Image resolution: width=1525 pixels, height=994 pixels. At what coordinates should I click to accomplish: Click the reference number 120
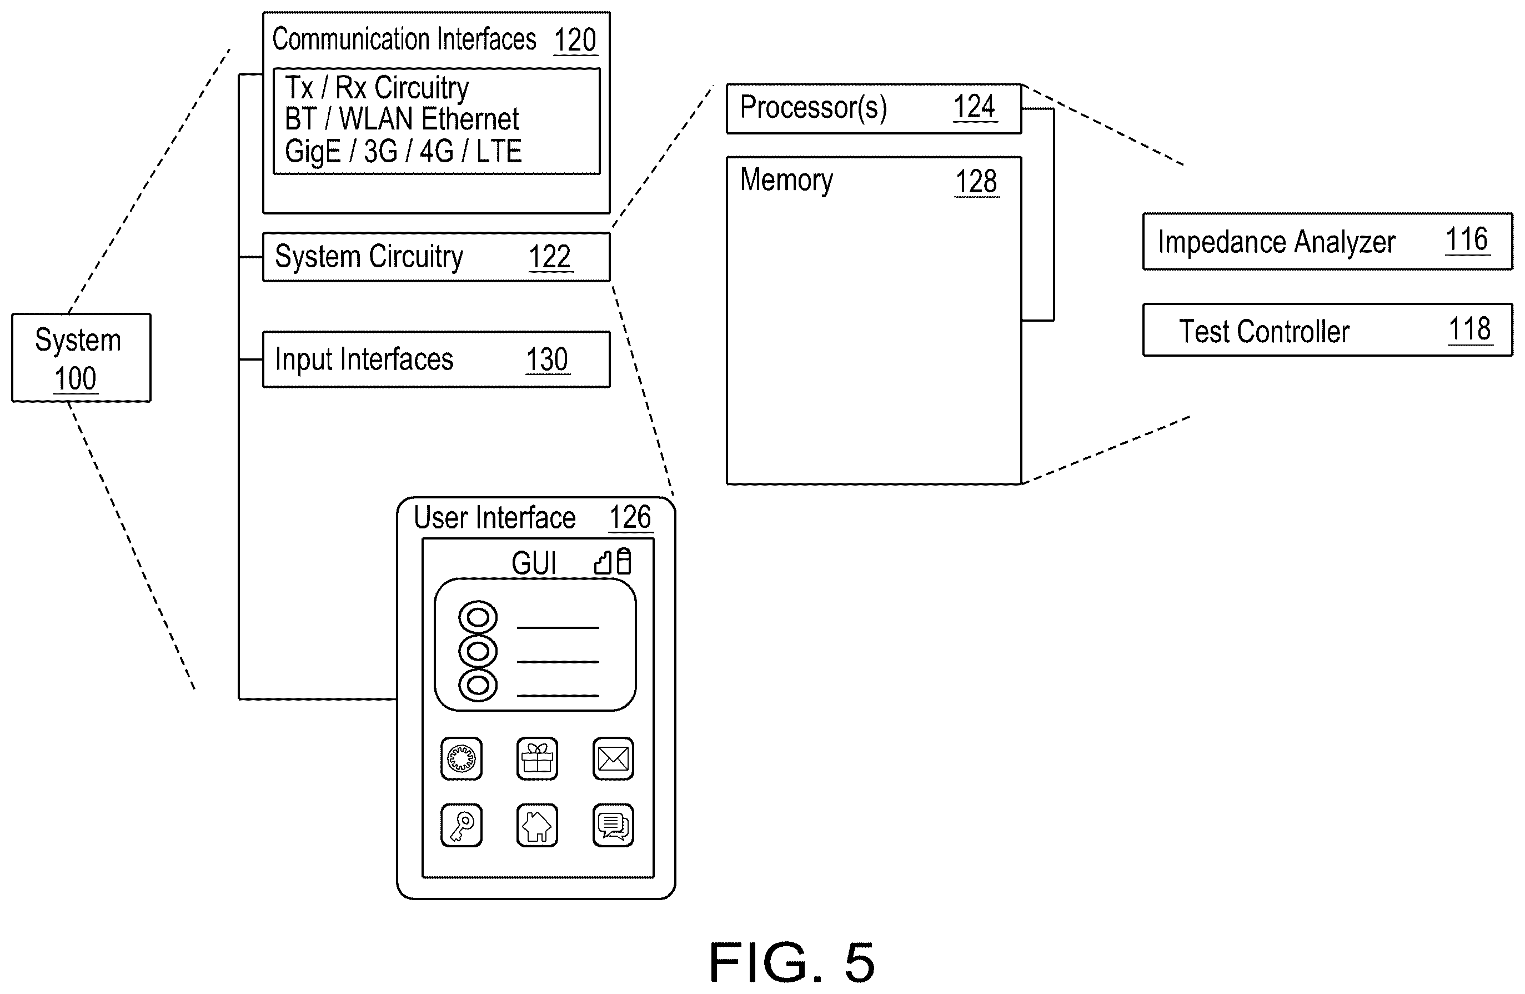pos(575,40)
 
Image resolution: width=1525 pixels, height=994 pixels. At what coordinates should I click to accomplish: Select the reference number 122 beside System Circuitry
pos(550,257)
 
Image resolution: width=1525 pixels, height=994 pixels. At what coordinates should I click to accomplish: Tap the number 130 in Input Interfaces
pos(547,359)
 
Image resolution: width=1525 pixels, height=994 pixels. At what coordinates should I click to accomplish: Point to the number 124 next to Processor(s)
pos(975,106)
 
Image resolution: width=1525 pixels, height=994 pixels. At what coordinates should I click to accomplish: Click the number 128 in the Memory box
pos(976,182)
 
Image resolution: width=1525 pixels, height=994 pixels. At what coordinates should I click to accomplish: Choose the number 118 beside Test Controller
pos(1470,329)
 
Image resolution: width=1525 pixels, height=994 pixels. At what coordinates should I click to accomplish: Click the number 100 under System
pos(76,379)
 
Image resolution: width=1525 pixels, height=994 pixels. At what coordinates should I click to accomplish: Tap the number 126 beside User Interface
pos(630,517)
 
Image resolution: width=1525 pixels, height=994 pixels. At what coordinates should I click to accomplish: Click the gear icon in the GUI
pos(461,759)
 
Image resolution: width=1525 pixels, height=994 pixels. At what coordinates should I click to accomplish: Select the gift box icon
pos(537,759)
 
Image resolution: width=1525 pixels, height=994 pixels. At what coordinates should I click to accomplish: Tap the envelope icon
pos(613,759)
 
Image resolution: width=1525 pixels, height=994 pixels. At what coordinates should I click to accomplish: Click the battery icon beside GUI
pos(624,561)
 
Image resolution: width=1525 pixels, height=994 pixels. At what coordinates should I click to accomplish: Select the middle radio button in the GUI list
pos(478,652)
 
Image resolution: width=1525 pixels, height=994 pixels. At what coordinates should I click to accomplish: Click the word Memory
pos(787,180)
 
